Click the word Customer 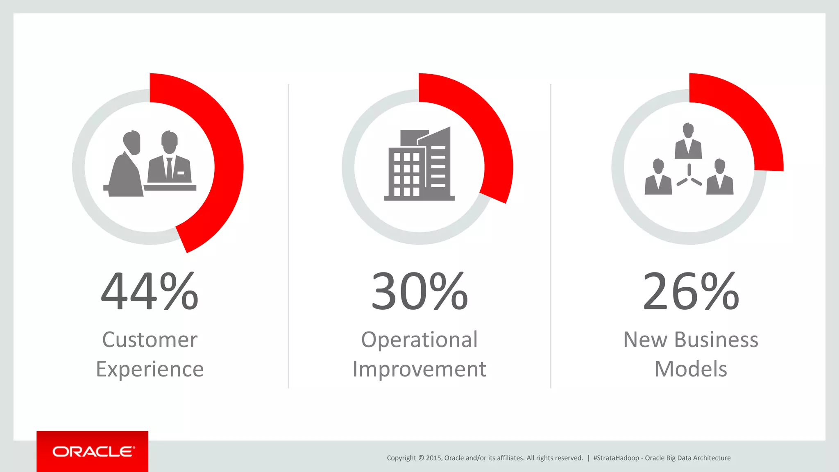150,340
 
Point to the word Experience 150,369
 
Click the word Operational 419,340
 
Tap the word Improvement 419,369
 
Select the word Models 691,369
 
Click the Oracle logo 93,452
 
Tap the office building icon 419,164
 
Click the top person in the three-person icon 688,141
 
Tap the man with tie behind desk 169,160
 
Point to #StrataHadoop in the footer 616,458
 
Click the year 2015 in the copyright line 433,458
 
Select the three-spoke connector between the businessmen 689,176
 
